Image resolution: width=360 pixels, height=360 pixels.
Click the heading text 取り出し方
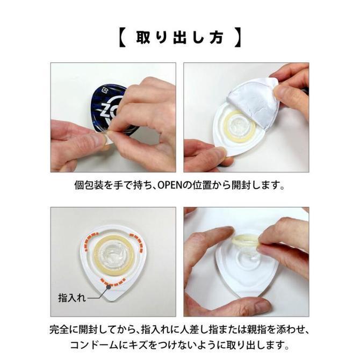180,39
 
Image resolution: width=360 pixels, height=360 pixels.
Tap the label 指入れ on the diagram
69,296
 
